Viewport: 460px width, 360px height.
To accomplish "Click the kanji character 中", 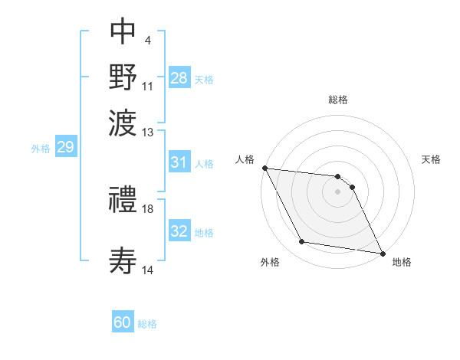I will pyautogui.click(x=123, y=33).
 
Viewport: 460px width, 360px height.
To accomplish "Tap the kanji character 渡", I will pyautogui.click(x=123, y=121).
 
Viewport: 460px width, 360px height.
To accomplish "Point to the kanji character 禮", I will pyautogui.click(x=123, y=201).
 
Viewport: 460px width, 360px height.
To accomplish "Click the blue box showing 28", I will pyautogui.click(x=179, y=78).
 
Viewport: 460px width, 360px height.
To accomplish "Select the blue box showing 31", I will pyautogui.click(x=179, y=162).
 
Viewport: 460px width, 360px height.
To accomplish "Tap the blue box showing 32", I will pyautogui.click(x=179, y=231).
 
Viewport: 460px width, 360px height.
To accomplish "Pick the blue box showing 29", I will pyautogui.click(x=65, y=148).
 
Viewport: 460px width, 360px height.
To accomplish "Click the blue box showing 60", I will pyautogui.click(x=123, y=322).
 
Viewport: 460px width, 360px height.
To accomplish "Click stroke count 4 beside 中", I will pyautogui.click(x=147, y=40).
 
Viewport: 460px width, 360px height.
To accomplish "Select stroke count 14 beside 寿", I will pyautogui.click(x=149, y=270).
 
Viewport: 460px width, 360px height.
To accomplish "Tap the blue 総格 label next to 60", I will pyautogui.click(x=148, y=324).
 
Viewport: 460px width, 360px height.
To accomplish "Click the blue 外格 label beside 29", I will pyautogui.click(x=40, y=149).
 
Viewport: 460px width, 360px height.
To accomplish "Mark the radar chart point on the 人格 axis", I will pyautogui.click(x=264, y=168).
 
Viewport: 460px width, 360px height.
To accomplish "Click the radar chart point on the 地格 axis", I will pyautogui.click(x=382, y=253).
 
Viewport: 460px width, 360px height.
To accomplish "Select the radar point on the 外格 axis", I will pyautogui.click(x=302, y=242).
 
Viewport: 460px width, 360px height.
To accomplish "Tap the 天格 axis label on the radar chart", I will pyautogui.click(x=432, y=159).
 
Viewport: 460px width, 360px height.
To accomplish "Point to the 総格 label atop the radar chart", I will pyautogui.click(x=338, y=100).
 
